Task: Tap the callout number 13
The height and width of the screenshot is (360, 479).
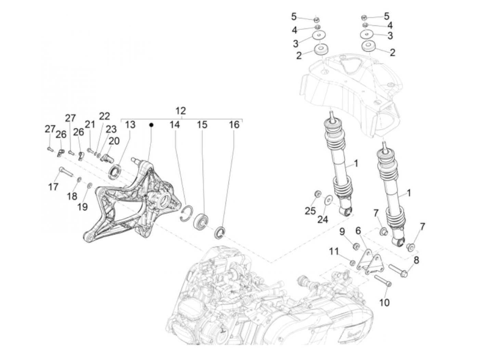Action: coord(130,125)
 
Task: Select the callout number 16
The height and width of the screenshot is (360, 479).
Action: coord(234,125)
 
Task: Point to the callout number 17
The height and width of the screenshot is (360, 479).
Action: coord(53,187)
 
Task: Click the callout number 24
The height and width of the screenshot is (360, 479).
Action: coord(323,219)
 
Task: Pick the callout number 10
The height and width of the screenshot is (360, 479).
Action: coord(385,303)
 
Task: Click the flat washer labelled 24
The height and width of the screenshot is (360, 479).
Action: coord(327,199)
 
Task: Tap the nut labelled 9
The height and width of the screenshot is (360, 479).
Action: coord(356,246)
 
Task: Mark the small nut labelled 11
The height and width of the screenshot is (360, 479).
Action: coord(352,263)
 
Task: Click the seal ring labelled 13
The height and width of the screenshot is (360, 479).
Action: coord(115,171)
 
